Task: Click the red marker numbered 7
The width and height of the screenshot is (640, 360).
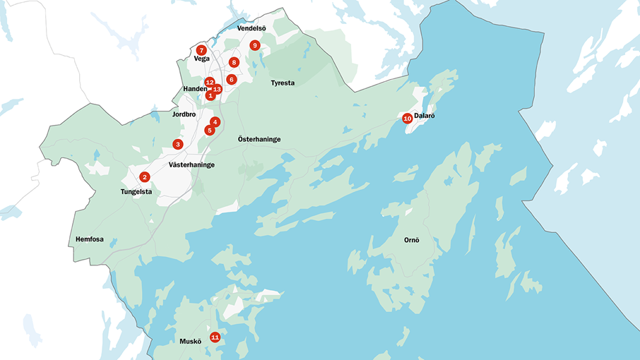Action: [201, 50]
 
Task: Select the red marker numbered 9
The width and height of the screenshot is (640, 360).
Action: [255, 45]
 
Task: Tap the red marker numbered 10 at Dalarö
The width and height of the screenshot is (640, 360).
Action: [407, 118]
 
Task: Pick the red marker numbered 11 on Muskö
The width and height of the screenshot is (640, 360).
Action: [215, 337]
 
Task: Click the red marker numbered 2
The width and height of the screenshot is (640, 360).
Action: [144, 176]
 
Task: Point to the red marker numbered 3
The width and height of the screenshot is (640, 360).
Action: [177, 144]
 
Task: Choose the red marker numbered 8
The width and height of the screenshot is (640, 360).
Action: [234, 62]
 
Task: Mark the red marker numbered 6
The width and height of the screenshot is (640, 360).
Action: [231, 79]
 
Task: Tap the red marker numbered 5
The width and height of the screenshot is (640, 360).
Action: [209, 130]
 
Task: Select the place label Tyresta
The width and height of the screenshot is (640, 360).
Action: [283, 83]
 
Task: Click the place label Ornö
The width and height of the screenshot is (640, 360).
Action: [411, 240]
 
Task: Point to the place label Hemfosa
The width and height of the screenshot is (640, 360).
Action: [90, 239]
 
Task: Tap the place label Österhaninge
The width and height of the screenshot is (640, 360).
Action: [259, 139]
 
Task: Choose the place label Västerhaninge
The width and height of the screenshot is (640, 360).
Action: [192, 164]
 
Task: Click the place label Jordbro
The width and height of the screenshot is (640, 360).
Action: [184, 114]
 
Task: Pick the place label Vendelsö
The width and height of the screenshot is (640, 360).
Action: [252, 29]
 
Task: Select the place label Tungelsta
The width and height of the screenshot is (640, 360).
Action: [136, 191]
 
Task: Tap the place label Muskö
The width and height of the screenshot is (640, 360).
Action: [190, 342]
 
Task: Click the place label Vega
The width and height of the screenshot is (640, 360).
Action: [201, 59]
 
